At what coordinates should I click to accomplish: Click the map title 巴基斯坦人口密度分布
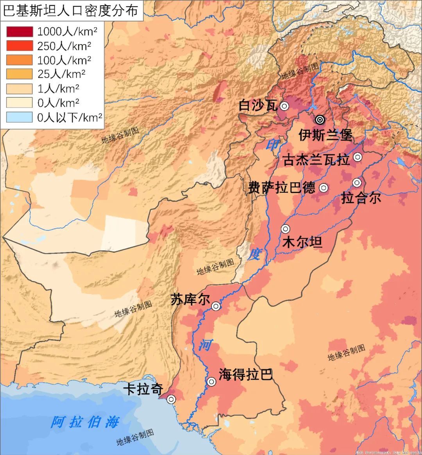(71, 11)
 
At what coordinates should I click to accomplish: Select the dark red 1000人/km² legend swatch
(19, 32)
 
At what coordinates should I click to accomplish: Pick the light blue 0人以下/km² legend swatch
(19, 117)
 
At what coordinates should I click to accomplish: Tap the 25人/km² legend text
(61, 74)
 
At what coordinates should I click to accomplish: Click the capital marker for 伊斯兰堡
(320, 120)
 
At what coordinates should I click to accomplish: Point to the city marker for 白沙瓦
(284, 106)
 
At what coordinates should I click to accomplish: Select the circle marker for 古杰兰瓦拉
(357, 157)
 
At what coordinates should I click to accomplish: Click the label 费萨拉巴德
(281, 188)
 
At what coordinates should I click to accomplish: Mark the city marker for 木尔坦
(286, 229)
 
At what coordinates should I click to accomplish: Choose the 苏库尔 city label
(190, 300)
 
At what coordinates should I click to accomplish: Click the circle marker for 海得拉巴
(211, 382)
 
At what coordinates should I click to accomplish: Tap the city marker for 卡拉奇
(171, 399)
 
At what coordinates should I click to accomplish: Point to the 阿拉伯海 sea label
(85, 422)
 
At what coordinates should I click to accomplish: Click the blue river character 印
(272, 145)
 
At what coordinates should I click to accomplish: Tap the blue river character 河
(205, 345)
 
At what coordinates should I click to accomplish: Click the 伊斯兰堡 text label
(325, 135)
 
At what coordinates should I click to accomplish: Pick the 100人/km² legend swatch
(19, 60)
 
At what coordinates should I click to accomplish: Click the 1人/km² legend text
(58, 88)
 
